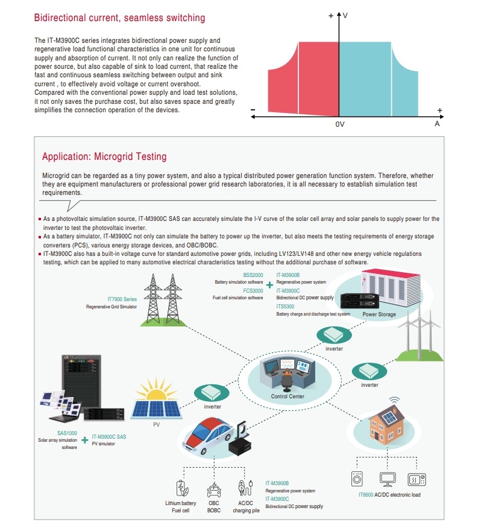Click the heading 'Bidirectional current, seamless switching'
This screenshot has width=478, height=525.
[x=119, y=18]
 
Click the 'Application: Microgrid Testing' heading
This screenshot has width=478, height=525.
[x=104, y=157]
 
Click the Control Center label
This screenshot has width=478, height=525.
[x=288, y=396]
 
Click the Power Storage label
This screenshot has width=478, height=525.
[x=379, y=314]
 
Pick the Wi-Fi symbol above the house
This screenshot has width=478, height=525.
[x=395, y=400]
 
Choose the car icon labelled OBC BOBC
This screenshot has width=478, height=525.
[x=214, y=488]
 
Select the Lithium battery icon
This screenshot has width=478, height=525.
[x=181, y=488]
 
